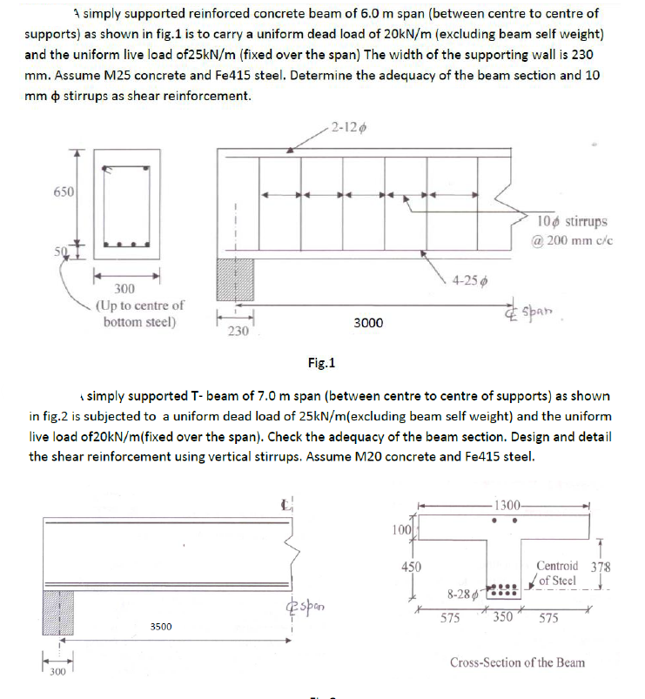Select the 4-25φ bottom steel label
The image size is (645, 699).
(471, 280)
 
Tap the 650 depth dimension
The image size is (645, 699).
(64, 190)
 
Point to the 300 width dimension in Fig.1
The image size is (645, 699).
(127, 288)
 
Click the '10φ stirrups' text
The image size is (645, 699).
(573, 221)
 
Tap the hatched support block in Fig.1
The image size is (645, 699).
(235, 280)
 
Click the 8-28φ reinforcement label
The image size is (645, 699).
(460, 595)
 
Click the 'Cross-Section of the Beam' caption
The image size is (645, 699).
(517, 662)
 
